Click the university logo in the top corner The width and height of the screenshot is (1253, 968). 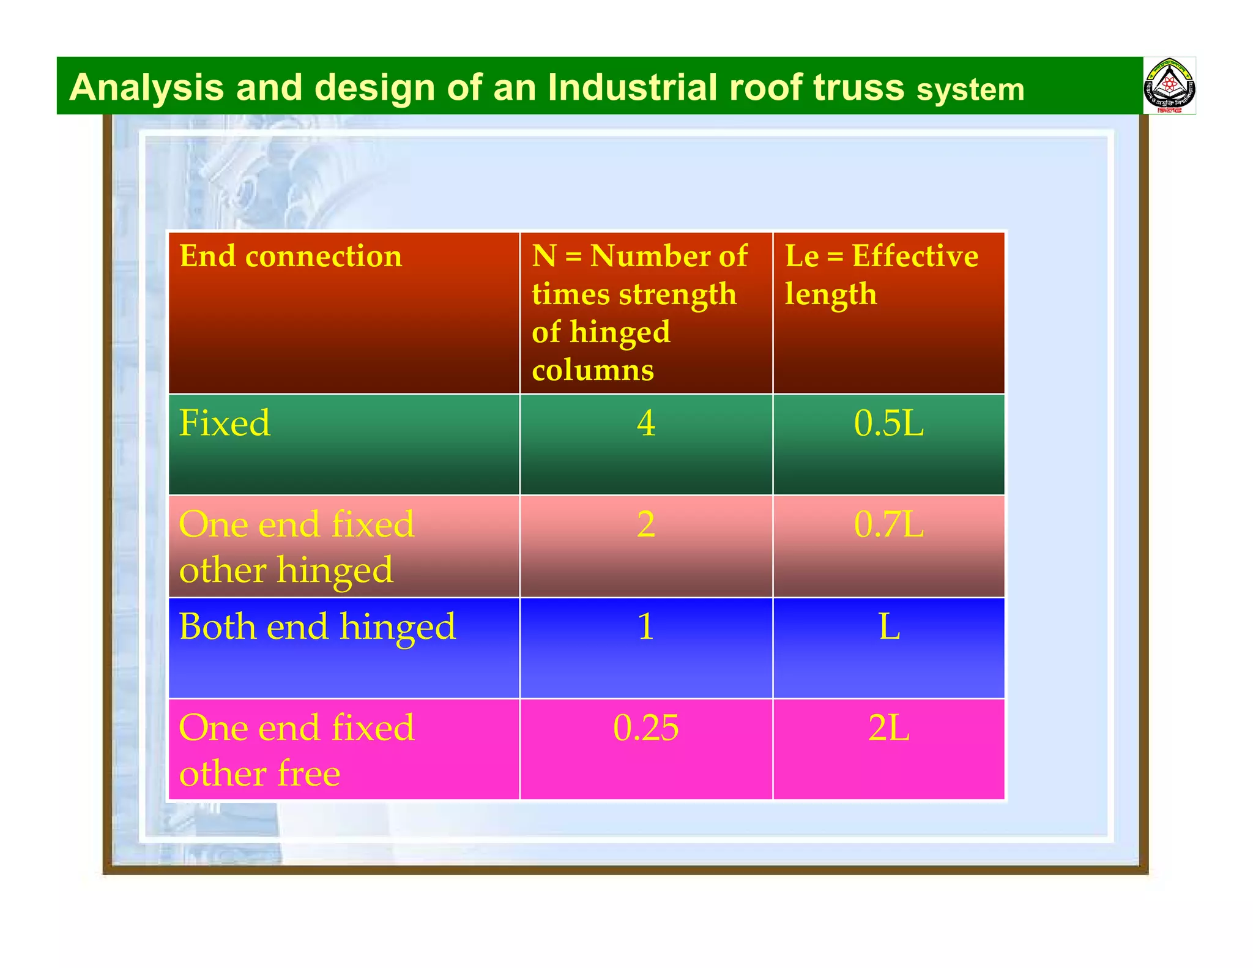tap(1169, 86)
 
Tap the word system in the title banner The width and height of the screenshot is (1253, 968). tap(970, 90)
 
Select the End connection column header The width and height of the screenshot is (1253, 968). tap(291, 256)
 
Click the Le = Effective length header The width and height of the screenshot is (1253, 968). tap(881, 274)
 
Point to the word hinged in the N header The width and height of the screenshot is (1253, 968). tap(620, 332)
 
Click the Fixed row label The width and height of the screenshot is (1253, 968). tap(225, 423)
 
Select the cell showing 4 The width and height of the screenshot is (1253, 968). tap(646, 423)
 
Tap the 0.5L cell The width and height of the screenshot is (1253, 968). tap(888, 423)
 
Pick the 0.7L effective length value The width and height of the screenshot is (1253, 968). tap(888, 524)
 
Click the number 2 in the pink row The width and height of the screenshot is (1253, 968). tap(646, 524)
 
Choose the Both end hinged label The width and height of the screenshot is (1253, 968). tap(317, 627)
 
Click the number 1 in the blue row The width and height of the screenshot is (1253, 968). tap(646, 627)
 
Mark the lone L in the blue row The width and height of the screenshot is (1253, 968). tap(889, 627)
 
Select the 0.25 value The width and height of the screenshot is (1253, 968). tap(646, 728)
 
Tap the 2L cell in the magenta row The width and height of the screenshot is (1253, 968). tap(888, 728)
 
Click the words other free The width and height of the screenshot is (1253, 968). tap(259, 773)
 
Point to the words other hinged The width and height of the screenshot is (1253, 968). tap(286, 570)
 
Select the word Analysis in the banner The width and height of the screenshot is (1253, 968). tap(146, 87)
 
